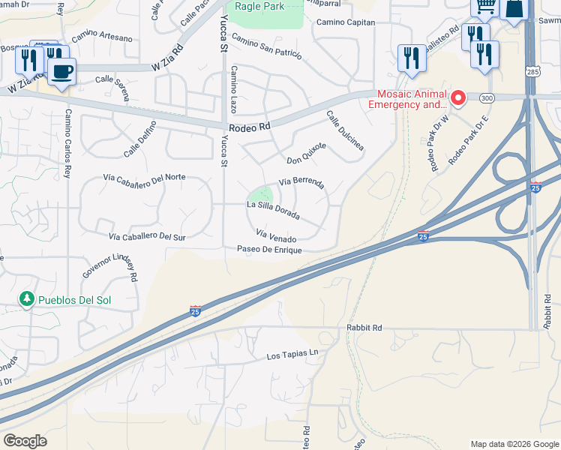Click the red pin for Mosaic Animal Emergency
457,98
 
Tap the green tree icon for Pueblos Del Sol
27,299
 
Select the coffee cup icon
61,71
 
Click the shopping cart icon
485,7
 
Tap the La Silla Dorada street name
274,211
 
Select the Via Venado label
275,236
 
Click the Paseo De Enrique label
269,249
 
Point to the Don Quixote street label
306,153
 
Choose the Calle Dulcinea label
345,130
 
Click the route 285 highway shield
531,72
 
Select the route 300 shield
487,98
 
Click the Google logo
24,441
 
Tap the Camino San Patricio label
266,46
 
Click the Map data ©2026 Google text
514,444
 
